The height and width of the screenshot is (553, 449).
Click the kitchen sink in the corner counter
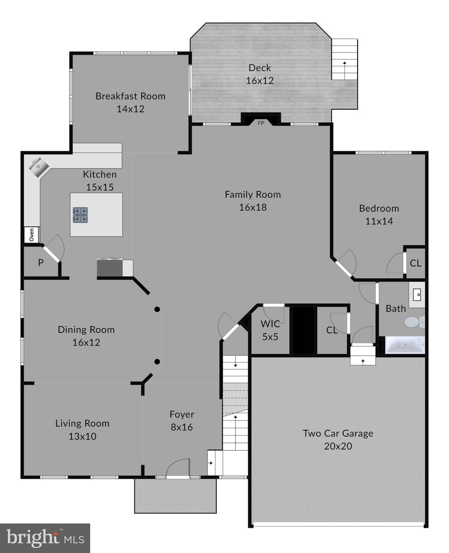pyautogui.click(x=39, y=167)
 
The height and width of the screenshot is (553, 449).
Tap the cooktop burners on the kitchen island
pyautogui.click(x=80, y=215)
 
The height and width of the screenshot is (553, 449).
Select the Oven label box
pyautogui.click(x=32, y=235)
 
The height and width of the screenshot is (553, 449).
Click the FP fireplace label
pyautogui.click(x=261, y=123)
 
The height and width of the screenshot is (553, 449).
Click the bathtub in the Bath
pyautogui.click(x=405, y=345)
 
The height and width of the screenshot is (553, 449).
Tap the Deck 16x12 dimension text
pyautogui.click(x=260, y=81)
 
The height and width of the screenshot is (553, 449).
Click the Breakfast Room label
pyautogui.click(x=130, y=96)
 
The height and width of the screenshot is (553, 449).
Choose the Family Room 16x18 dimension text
pyautogui.click(x=253, y=207)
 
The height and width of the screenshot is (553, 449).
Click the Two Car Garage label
pyautogui.click(x=338, y=433)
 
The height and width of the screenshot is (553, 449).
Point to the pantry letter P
pyautogui.click(x=41, y=263)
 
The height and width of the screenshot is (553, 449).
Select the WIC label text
pyautogui.click(x=270, y=324)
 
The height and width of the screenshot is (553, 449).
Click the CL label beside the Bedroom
pyautogui.click(x=415, y=263)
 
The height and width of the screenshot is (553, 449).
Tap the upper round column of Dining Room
pyautogui.click(x=157, y=309)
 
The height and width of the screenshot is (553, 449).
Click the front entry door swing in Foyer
pyautogui.click(x=178, y=467)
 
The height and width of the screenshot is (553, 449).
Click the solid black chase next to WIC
pyautogui.click(x=303, y=330)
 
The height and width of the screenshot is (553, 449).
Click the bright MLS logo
pyautogui.click(x=45, y=538)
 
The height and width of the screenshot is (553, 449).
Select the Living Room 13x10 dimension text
pyautogui.click(x=82, y=436)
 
